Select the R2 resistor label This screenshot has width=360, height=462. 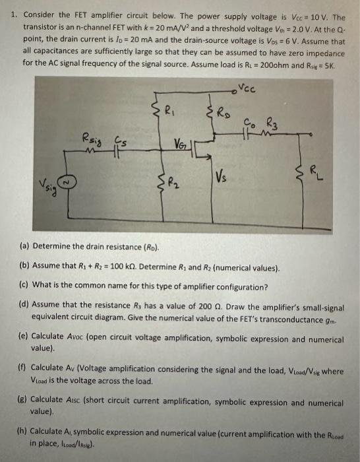click(171, 183)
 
